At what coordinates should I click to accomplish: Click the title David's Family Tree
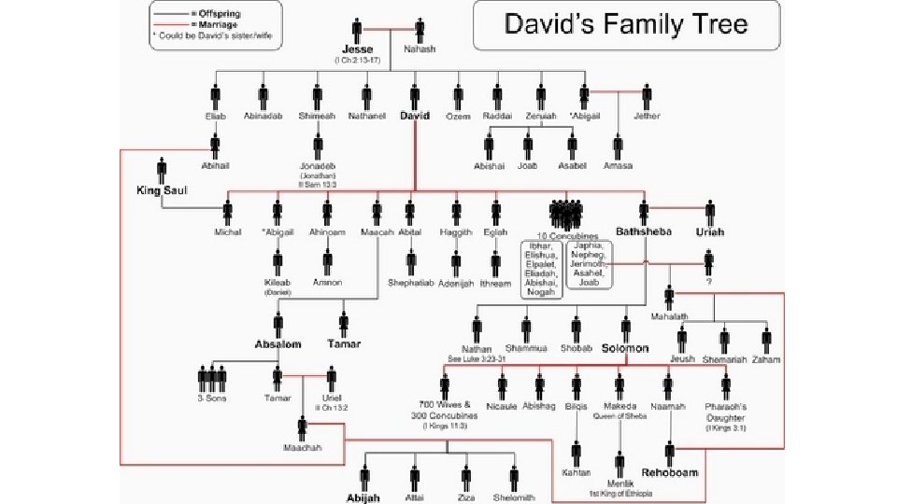[x=626, y=24]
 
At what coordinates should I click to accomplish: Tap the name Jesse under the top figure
[x=358, y=49]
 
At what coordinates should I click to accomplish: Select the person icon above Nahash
[x=419, y=30]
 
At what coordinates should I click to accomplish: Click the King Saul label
[x=162, y=190]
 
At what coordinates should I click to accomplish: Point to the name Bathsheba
[x=644, y=231]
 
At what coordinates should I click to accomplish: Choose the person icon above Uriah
[x=710, y=212]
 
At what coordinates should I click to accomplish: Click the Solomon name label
[x=625, y=348]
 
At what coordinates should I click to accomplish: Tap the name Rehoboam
[x=670, y=472]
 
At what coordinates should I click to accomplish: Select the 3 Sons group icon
[x=213, y=379]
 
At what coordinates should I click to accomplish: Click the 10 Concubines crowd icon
[x=566, y=214]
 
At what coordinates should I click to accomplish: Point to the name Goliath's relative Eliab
[x=216, y=117]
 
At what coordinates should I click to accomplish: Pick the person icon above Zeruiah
[x=540, y=96]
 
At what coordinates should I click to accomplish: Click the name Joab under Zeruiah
[x=528, y=166]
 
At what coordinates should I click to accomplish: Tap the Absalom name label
[x=278, y=344]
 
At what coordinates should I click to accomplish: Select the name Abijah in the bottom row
[x=363, y=498]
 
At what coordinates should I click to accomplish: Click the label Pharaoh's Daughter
[x=725, y=412]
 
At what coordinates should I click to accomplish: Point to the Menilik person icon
[x=618, y=464]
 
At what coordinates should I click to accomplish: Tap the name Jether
[x=647, y=117]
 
